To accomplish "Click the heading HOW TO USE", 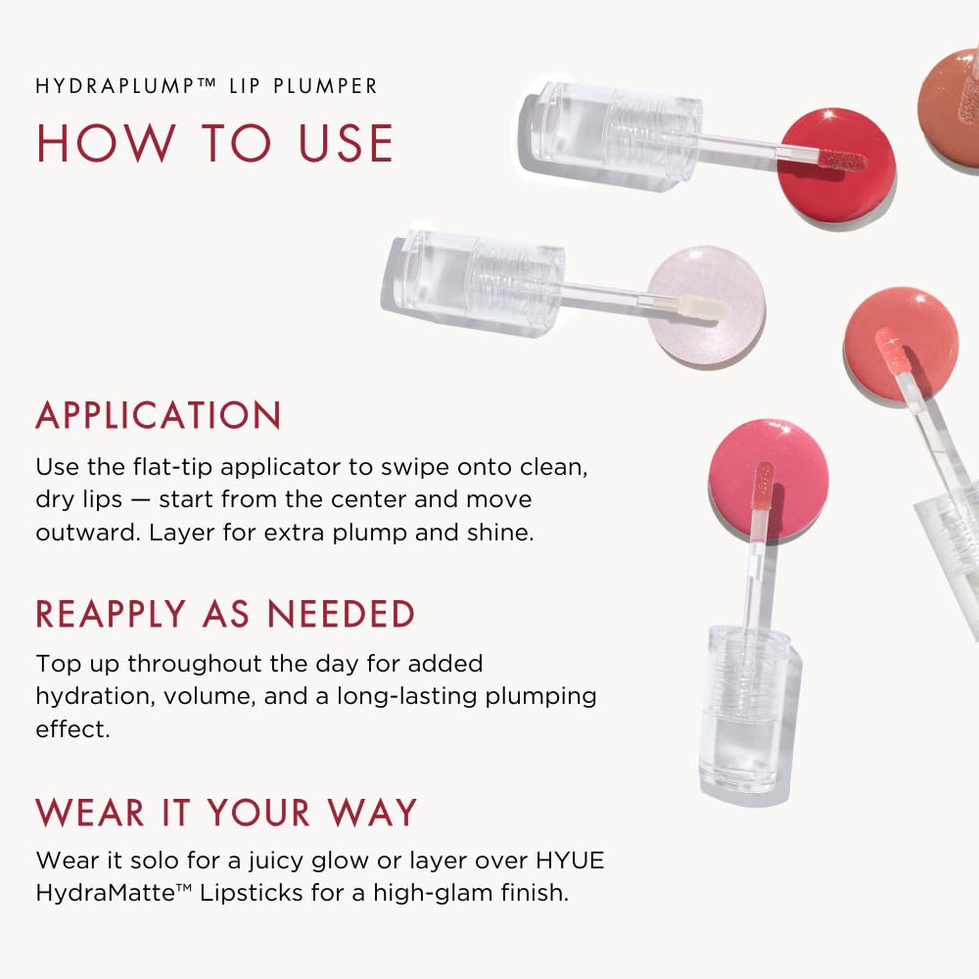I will pyautogui.click(x=214, y=142).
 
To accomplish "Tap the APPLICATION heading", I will pyautogui.click(x=159, y=416).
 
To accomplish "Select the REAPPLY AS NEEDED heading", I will pyautogui.click(x=225, y=615).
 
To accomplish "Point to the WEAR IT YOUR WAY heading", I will pyautogui.click(x=226, y=813).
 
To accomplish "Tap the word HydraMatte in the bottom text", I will pyautogui.click(x=96, y=893).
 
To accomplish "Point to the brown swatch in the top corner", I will pyautogui.click(x=952, y=108).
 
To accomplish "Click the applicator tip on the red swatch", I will pyautogui.click(x=842, y=160).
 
